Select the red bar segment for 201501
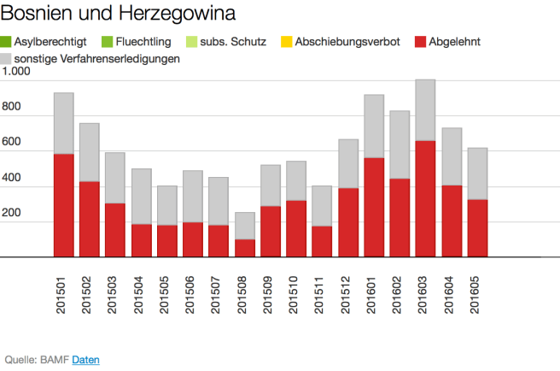[x=63, y=205]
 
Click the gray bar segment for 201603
[x=425, y=109]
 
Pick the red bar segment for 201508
[x=244, y=247]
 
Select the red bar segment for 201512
[x=347, y=221]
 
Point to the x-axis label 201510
[x=296, y=294]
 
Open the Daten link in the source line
[x=85, y=359]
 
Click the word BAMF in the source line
[x=54, y=359]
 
